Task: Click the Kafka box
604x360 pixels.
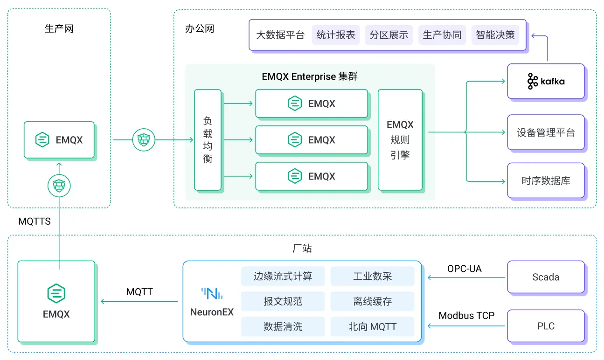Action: (x=545, y=81)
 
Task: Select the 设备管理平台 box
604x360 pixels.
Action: (x=545, y=132)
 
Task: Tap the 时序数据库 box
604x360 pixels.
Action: (x=545, y=180)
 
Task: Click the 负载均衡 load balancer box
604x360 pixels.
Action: (x=208, y=140)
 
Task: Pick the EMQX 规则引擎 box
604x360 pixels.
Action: (x=400, y=140)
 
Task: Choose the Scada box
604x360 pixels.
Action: (x=545, y=277)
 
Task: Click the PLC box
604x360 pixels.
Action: (x=545, y=326)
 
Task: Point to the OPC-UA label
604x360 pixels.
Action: (x=464, y=269)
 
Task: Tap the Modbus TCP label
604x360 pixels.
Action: (x=466, y=316)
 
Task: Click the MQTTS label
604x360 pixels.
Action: (x=35, y=222)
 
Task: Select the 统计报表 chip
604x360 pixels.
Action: (x=335, y=35)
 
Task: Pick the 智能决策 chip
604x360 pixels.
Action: (x=495, y=35)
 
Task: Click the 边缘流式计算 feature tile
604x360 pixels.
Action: (x=283, y=277)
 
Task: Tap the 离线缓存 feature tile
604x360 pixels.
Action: (x=372, y=302)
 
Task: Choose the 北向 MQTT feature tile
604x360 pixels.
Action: (x=372, y=327)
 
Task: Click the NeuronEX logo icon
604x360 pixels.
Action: (x=212, y=293)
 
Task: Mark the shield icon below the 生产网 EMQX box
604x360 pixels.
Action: (x=59, y=186)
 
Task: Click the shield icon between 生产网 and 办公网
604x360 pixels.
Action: (x=144, y=139)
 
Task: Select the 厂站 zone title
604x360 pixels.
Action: (x=302, y=249)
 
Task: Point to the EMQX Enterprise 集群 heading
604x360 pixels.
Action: (x=310, y=76)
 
